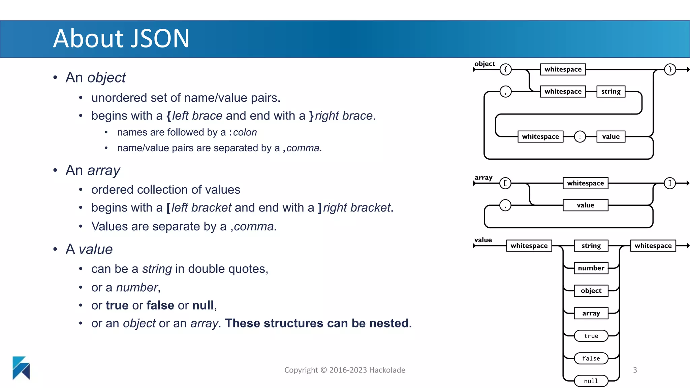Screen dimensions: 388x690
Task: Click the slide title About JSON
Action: [121, 38]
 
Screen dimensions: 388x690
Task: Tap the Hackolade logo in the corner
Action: [21, 368]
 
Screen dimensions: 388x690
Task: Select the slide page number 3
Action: [635, 370]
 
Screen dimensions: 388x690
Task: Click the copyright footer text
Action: [345, 370]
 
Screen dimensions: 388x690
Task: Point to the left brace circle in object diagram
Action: [505, 69]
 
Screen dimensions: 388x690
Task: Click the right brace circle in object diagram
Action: [670, 69]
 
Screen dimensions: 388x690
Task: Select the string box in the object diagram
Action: [610, 92]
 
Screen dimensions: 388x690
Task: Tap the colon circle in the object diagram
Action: [580, 137]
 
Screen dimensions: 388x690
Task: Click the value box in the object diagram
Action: [610, 137]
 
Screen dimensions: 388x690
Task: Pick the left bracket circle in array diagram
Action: [505, 183]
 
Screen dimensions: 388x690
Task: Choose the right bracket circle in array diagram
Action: [670, 183]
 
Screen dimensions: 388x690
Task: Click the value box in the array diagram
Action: [585, 205]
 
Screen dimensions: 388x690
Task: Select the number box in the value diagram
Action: [591, 268]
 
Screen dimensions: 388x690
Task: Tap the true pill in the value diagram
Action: [591, 336]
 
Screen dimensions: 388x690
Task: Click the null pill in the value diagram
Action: [591, 381]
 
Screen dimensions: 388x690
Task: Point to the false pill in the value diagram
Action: [591, 358]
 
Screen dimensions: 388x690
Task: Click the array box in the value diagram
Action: [591, 313]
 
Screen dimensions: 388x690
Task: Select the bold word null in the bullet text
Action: [203, 305]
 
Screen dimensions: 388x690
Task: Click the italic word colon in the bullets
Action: [245, 132]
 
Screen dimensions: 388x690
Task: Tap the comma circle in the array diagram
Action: [505, 205]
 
